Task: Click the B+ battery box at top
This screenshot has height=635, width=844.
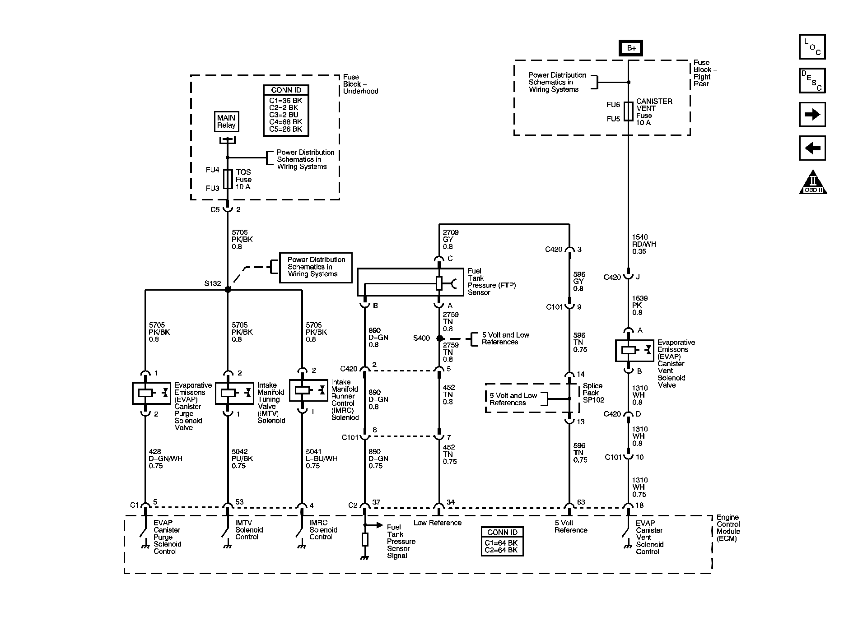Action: [631, 48]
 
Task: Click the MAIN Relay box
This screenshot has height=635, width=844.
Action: [226, 122]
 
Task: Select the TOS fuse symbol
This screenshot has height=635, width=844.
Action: [228, 179]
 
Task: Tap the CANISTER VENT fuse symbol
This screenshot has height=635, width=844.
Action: [628, 111]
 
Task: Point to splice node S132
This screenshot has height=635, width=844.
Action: [228, 289]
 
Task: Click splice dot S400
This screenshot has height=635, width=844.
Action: [439, 338]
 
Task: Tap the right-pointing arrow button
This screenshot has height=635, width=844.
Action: [812, 115]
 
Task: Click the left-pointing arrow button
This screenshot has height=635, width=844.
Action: [812, 148]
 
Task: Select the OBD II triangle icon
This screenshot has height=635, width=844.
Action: [813, 182]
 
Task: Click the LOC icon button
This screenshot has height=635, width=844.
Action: [812, 47]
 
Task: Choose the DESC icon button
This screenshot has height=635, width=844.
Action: [812, 81]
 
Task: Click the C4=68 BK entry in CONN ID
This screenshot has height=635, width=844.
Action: [286, 122]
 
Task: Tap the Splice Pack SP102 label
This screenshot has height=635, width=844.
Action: [593, 393]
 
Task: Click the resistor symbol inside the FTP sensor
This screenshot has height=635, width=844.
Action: [439, 283]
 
